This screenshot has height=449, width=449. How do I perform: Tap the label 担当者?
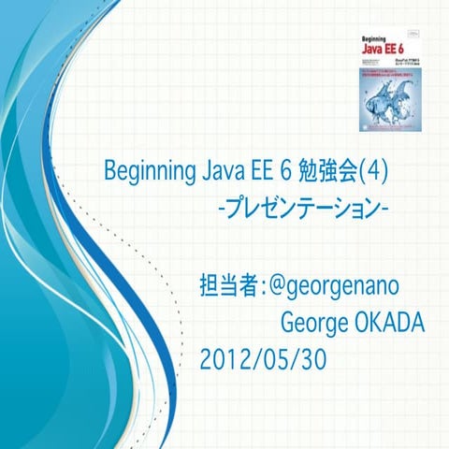coord(228,285)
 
